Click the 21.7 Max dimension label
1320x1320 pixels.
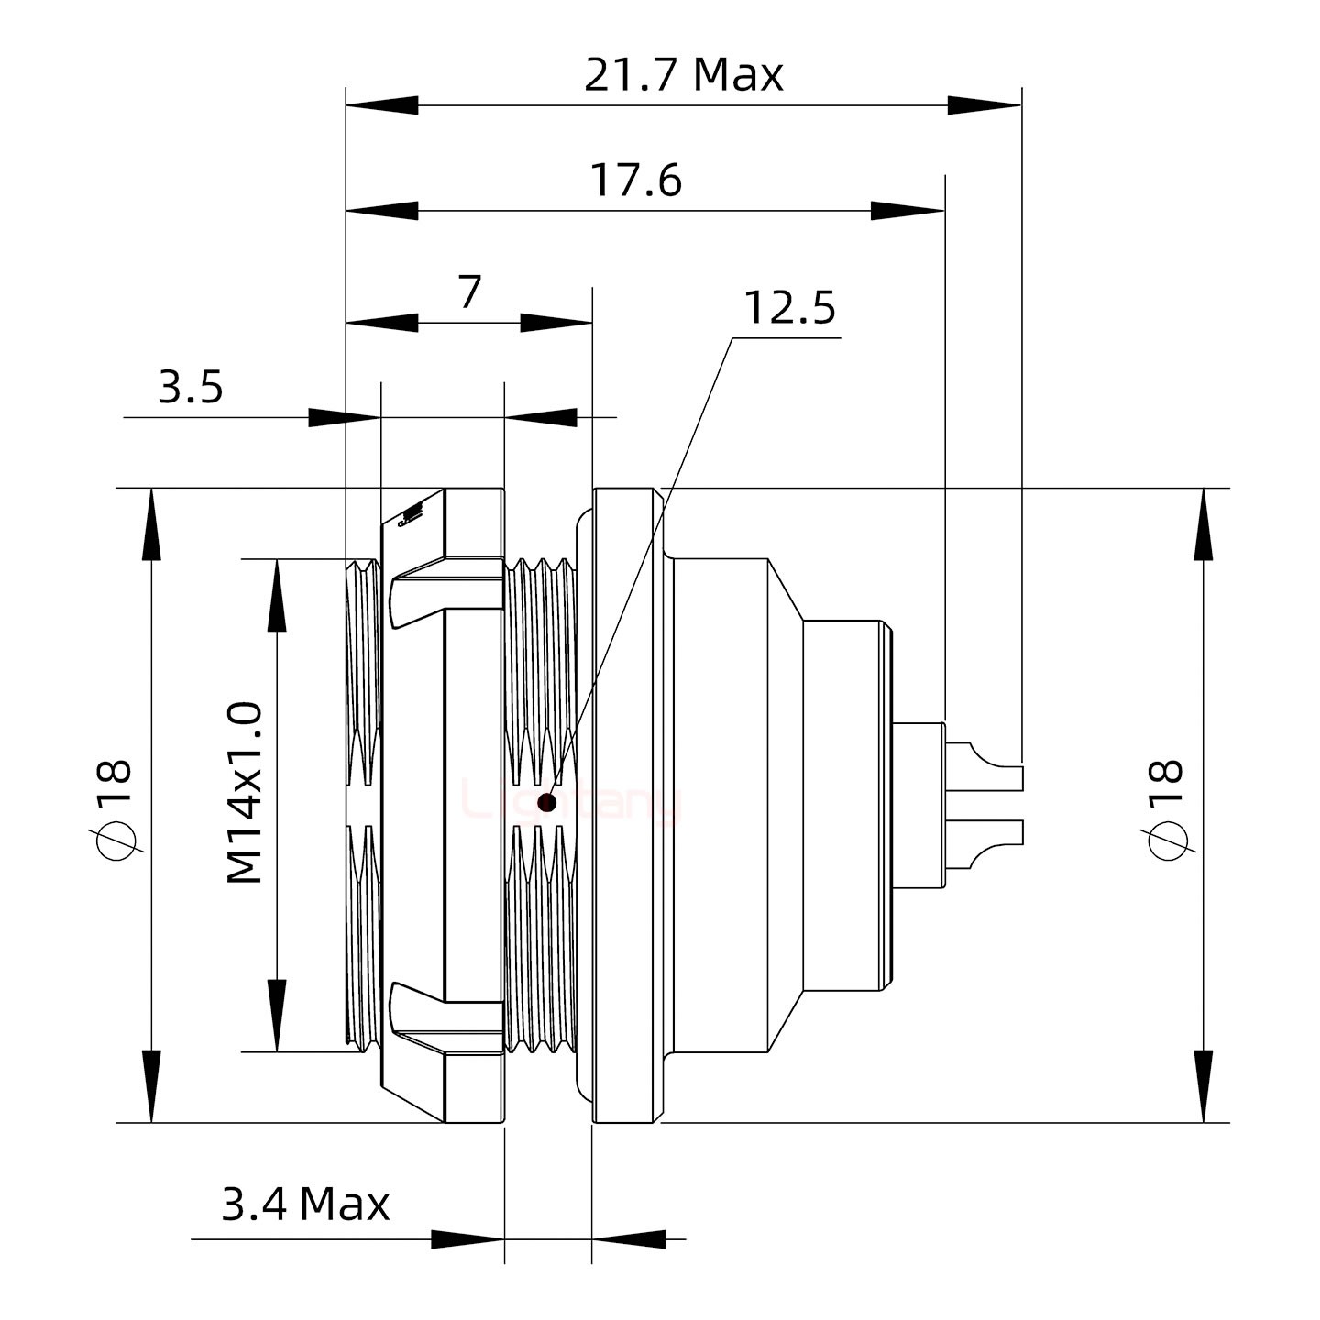(x=684, y=75)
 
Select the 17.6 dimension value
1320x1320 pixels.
(x=635, y=181)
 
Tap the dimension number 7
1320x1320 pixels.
(x=469, y=293)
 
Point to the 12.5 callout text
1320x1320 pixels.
(x=788, y=309)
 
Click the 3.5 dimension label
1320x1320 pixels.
(x=191, y=388)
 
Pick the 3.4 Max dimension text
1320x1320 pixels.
(x=305, y=1204)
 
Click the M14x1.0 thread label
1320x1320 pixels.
(x=246, y=792)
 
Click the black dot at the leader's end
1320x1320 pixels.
(x=547, y=803)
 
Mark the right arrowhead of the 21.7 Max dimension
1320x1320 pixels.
(x=984, y=105)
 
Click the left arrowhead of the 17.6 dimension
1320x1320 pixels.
(x=381, y=211)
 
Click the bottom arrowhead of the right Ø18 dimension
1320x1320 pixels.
(x=1203, y=1085)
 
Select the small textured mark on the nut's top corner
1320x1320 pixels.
(x=410, y=516)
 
